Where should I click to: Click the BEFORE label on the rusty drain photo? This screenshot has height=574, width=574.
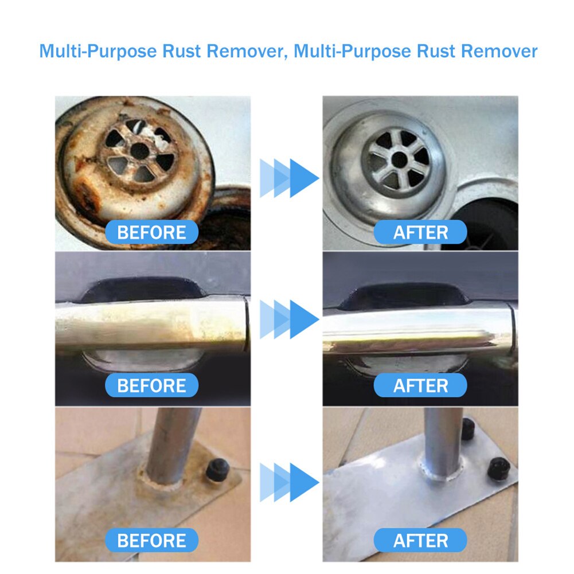tap(151, 233)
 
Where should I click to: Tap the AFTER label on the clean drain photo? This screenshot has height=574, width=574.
tap(420, 233)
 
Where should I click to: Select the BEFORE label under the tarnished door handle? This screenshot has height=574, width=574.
tap(151, 386)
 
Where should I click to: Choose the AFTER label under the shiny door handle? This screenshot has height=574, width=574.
tap(420, 386)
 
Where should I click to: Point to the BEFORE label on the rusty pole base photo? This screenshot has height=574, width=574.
tap(151, 540)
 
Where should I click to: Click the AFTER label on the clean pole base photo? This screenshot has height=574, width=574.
tap(420, 540)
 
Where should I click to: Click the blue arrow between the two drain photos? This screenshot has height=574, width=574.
tap(290, 178)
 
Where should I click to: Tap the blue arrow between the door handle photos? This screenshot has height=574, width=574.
tap(290, 319)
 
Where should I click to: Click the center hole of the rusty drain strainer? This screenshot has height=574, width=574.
tap(139, 151)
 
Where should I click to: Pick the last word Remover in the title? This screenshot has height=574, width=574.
tap(499, 51)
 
